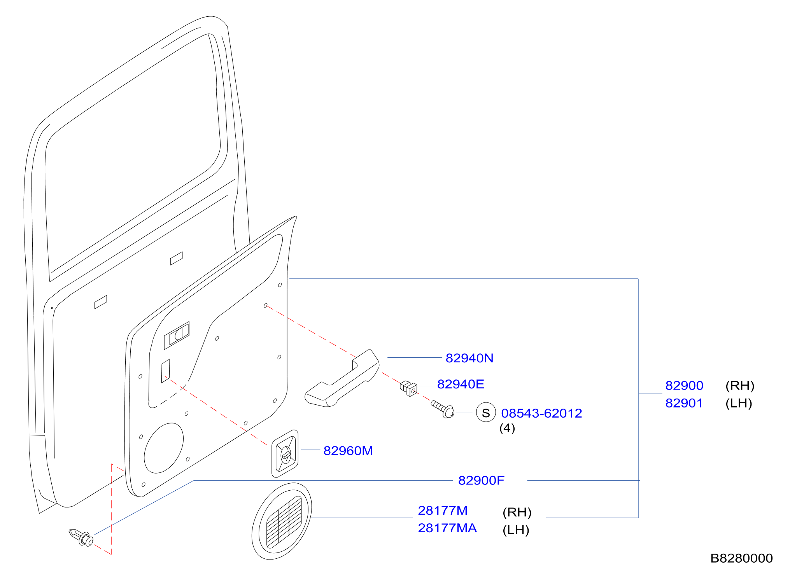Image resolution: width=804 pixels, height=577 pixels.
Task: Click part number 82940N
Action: tap(469, 358)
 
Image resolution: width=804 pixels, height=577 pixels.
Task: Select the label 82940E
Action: tap(461, 384)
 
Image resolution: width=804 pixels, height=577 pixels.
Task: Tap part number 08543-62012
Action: tap(541, 413)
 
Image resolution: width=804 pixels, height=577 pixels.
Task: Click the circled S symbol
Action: tap(486, 413)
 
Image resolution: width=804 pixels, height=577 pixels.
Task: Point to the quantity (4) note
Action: tap(507, 428)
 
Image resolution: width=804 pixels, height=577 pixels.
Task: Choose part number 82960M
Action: tap(348, 451)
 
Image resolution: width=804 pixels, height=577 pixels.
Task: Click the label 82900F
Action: tap(481, 481)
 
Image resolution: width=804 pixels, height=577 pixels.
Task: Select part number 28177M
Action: tap(443, 511)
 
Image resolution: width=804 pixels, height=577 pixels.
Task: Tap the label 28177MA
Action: tap(447, 528)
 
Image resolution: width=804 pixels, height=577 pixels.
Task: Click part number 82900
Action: tap(684, 386)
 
